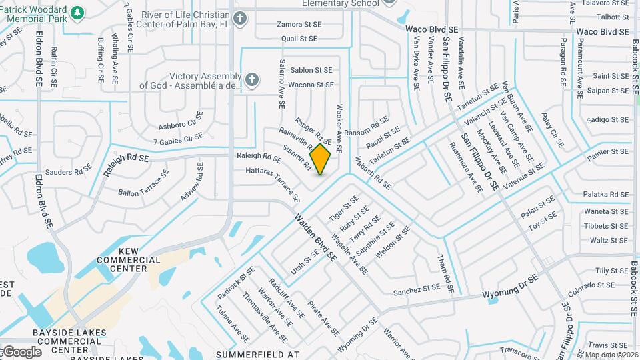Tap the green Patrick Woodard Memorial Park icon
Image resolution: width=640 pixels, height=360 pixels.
[77, 13]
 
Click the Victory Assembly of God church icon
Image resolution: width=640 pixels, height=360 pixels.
[251, 80]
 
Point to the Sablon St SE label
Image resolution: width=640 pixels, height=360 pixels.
[311, 69]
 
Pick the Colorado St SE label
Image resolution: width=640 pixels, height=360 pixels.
[591, 285]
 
